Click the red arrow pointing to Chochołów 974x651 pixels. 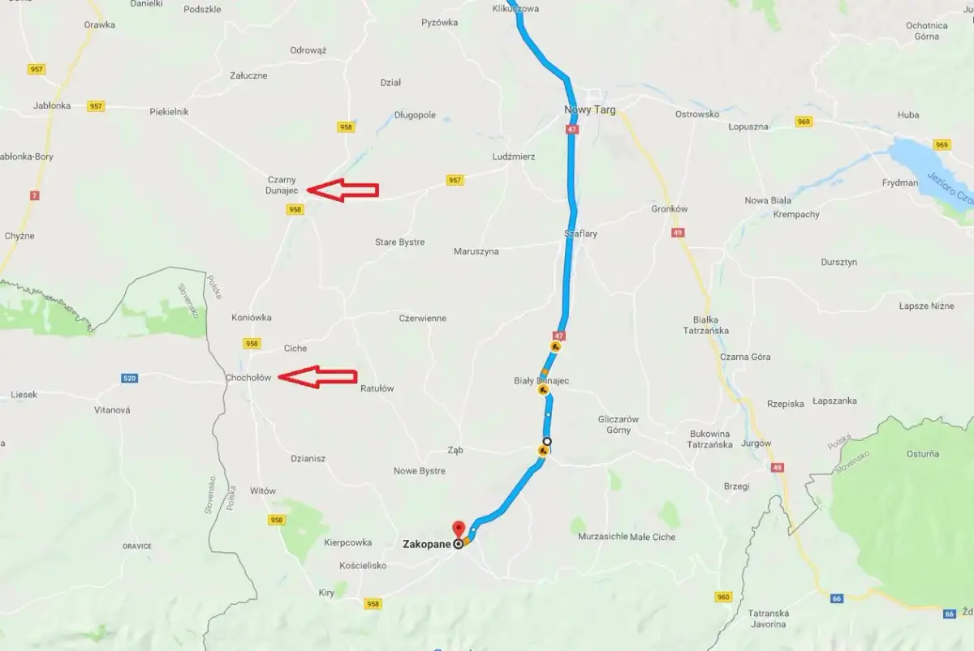317,377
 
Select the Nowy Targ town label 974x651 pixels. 590,109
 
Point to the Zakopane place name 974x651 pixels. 426,545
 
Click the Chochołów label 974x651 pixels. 248,378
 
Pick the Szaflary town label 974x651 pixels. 581,233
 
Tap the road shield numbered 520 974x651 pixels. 129,378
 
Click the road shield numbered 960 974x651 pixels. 724,597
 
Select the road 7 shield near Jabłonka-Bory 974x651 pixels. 34,195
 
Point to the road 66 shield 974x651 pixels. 836,598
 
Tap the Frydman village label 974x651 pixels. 900,183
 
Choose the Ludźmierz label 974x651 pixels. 514,156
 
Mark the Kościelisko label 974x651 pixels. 363,565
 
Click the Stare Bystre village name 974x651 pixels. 399,242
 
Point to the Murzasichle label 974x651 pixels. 601,537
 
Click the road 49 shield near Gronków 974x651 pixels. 678,233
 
